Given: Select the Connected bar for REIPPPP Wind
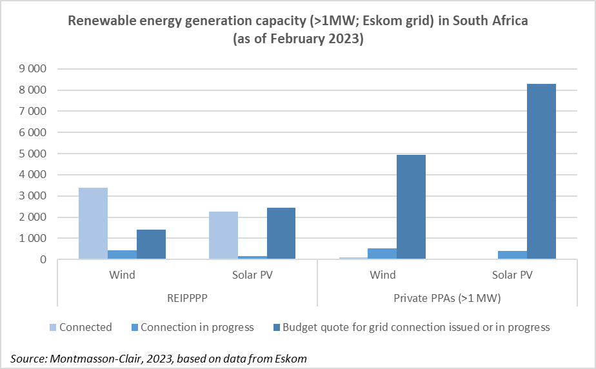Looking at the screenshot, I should pos(94,223).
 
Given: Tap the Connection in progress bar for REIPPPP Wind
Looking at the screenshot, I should pos(123,255).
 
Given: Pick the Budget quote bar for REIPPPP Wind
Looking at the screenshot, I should pos(152,244).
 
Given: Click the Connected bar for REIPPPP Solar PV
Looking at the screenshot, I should pos(224,235).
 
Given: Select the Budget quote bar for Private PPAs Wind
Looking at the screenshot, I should pos(412,207).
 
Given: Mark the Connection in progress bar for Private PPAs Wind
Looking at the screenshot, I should pos(383,254).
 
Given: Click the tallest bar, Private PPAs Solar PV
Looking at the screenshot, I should pos(542,172).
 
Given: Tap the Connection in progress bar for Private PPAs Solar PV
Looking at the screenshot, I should pos(513,255).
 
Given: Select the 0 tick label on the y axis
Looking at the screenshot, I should pos(44,259).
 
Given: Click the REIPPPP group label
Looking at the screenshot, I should pos(187,299).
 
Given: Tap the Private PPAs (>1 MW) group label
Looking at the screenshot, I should pos(447,299).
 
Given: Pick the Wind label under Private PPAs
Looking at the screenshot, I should pos(382,275).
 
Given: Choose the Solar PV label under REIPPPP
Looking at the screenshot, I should pos(252,275).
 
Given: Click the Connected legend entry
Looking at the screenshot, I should pos(85,327).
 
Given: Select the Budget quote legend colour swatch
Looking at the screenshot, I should pos(275,327).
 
